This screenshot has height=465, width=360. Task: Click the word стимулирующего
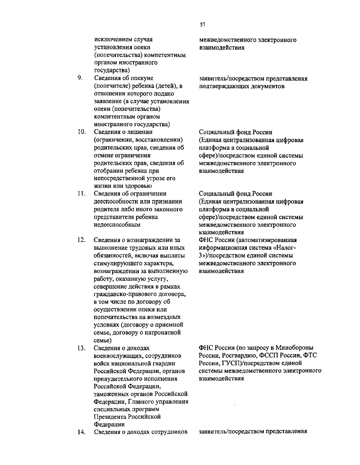coord(115,263)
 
